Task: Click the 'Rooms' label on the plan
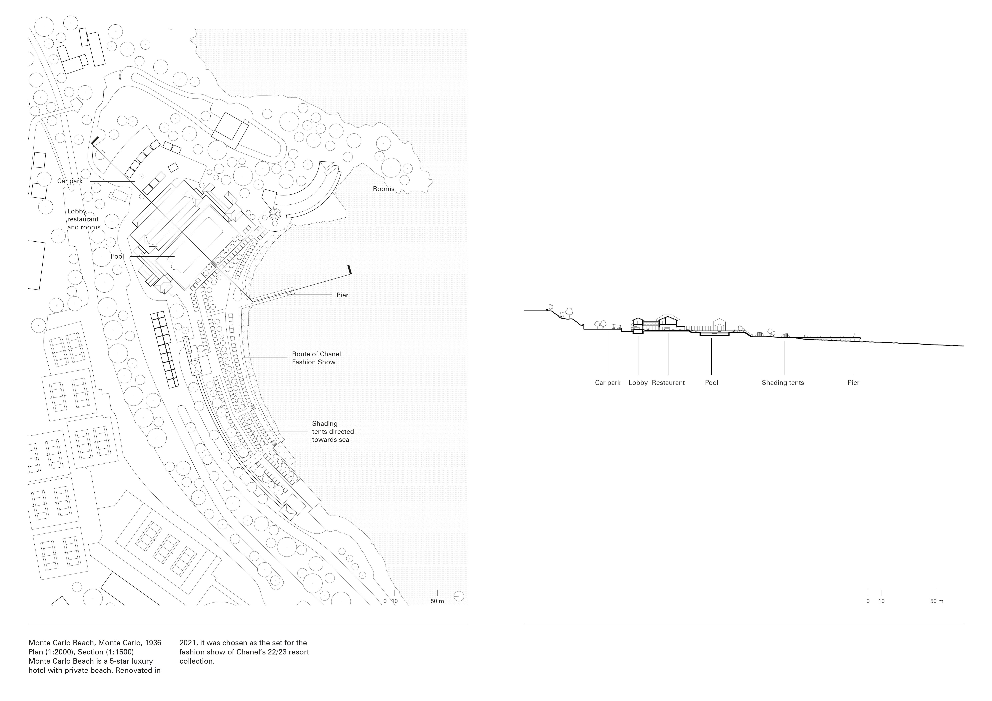tap(383, 189)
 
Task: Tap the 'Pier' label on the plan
tap(342, 295)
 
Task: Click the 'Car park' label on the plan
tap(70, 181)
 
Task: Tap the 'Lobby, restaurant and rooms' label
tap(83, 219)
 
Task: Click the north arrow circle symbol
tap(459, 596)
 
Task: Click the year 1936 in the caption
tap(153, 643)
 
